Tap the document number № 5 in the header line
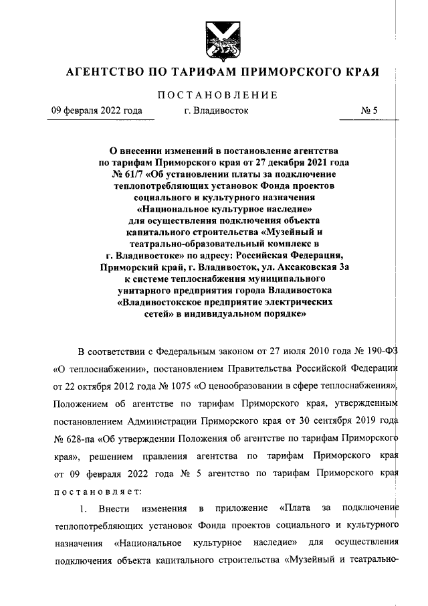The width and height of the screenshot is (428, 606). pos(370,111)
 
